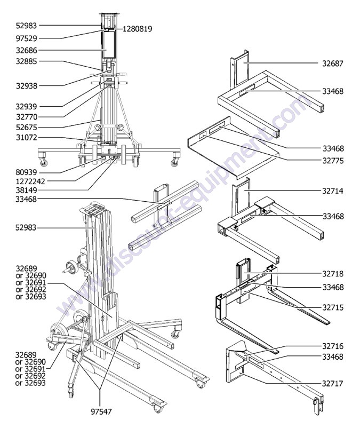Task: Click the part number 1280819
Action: click(138, 29)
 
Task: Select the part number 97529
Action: click(26, 38)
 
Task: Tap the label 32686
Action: click(26, 50)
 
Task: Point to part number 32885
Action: click(26, 61)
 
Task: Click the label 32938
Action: click(26, 85)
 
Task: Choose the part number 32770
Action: click(26, 116)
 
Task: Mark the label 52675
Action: click(26, 127)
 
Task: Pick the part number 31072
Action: click(26, 138)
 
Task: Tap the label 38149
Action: click(26, 189)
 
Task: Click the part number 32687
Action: click(333, 63)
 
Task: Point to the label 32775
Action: click(333, 160)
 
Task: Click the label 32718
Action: click(333, 274)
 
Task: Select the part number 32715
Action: click(333, 307)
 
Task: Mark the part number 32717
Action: click(333, 383)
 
